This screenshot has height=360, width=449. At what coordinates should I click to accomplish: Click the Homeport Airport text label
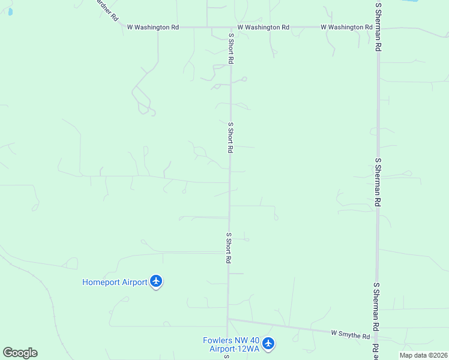pos(115,282)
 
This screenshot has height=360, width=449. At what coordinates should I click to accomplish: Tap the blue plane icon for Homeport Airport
pos(156,281)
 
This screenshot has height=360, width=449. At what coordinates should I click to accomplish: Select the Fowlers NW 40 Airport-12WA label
pos(231,344)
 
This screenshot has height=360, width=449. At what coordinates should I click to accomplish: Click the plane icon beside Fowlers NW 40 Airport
pos(268,344)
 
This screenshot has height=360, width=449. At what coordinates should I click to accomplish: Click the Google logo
pos(20,353)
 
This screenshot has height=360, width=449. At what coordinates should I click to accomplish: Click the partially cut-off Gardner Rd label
pos(107,10)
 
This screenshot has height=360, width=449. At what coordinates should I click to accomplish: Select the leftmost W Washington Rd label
pos(153,27)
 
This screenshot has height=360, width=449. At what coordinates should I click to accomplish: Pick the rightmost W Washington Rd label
pos(346,27)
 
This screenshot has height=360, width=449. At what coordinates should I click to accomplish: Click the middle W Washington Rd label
pos(264,27)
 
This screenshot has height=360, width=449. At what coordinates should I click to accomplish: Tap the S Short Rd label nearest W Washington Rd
pos(231,49)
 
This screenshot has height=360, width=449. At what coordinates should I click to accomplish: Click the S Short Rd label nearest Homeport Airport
pos(229,248)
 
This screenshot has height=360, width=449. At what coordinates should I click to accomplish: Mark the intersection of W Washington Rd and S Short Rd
pos(231,27)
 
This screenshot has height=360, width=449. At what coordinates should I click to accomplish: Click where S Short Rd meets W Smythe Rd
pos(228,319)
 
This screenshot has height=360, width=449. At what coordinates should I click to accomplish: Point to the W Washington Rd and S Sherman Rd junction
pos(378,27)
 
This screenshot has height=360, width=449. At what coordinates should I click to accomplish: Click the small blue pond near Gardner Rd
pos(10,11)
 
